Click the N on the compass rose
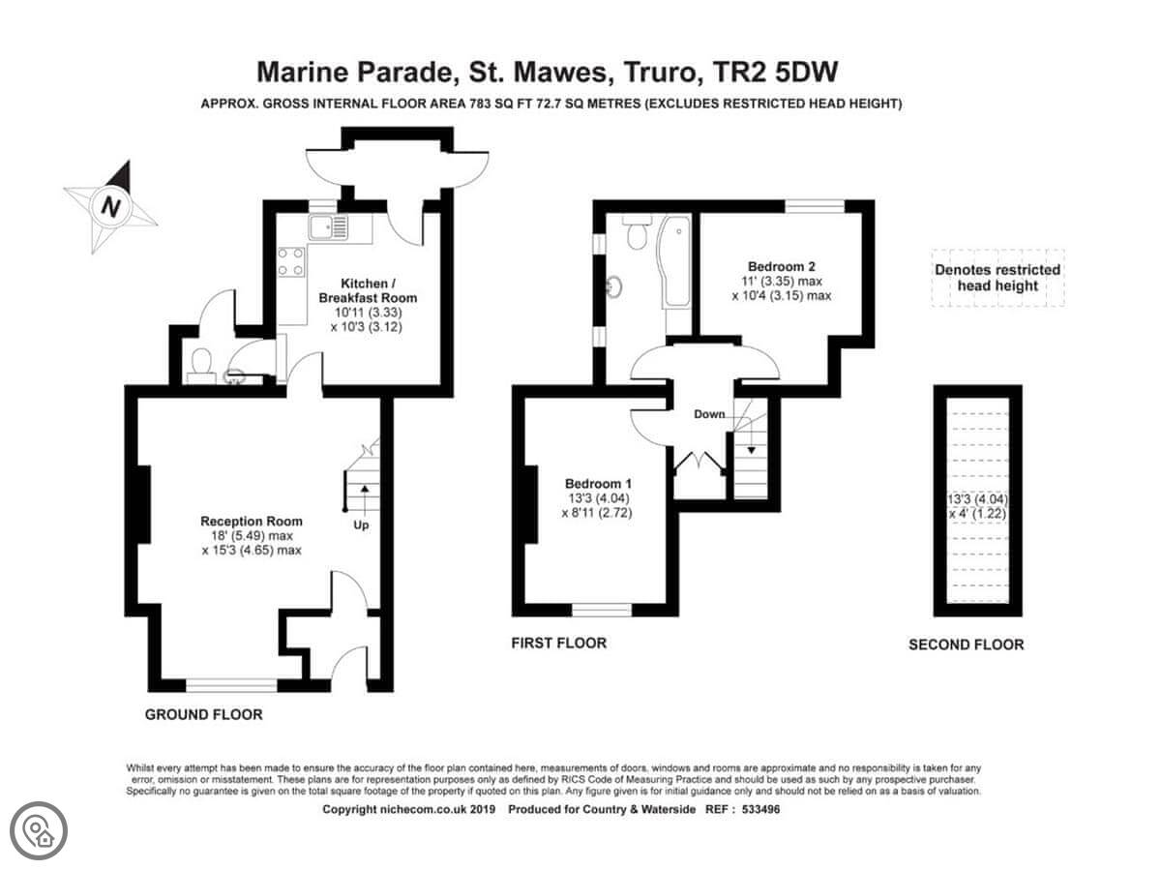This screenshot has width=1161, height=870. coord(110,206)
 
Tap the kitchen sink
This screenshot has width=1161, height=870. coord(328,226)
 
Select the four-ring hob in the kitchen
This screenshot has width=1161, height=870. coord(291,262)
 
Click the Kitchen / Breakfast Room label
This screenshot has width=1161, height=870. coord(368,290)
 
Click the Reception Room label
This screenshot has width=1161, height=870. coord(252,521)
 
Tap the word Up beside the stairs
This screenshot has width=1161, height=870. coord(361,525)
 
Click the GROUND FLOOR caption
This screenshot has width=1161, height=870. coord(203,714)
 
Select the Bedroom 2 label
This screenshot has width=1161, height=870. coord(781,266)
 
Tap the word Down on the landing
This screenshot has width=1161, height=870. coord(709,414)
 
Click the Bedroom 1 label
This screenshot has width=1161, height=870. coord(598,484)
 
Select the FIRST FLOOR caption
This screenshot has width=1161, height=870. coord(558,644)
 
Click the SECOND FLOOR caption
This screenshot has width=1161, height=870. coord(966,645)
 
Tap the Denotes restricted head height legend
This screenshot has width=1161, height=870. coord(997,278)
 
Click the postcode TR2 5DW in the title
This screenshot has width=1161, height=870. coord(775,73)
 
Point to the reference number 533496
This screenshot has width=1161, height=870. coord(760,809)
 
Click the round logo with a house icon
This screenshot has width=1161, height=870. coord(39,831)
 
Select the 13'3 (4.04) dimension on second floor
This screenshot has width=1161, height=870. coord(977,499)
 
